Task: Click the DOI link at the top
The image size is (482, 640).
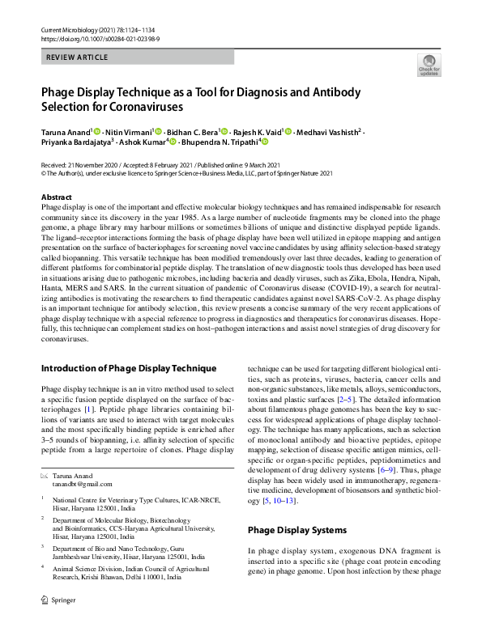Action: click(90, 38)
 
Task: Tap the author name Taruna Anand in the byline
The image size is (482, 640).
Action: click(66, 132)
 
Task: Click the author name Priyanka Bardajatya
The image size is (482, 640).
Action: click(75, 145)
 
